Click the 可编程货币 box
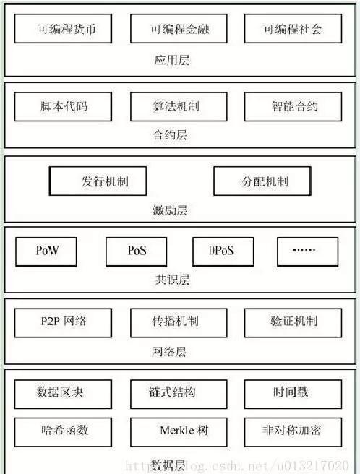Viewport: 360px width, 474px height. pos(63,28)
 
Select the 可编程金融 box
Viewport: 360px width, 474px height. pos(179,28)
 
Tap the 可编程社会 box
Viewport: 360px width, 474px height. pos(293,28)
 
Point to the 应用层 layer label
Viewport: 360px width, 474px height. pos(172,60)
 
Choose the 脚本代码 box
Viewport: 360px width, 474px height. pos(63,107)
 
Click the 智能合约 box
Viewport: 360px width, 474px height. pos(293,107)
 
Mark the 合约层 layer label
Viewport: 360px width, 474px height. pos(170,134)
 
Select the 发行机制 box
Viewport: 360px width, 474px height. pos(98,181)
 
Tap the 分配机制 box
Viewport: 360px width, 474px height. pos(262,181)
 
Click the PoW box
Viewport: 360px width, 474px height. pos(46,251)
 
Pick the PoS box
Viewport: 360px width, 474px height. pos(137,251)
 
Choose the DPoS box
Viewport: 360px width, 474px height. pos(223,251)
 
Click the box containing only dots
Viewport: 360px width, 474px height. pos(308,251)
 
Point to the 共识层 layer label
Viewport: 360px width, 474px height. pos(172,280)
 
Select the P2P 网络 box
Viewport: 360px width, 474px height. pos(63,323)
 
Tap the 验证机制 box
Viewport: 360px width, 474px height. pos(293,323)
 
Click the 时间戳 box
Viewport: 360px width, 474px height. pos(293,395)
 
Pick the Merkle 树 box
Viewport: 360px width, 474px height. pos(179,432)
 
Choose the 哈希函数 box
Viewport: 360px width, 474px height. pos(63,432)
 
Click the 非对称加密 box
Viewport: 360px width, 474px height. pos(293,432)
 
